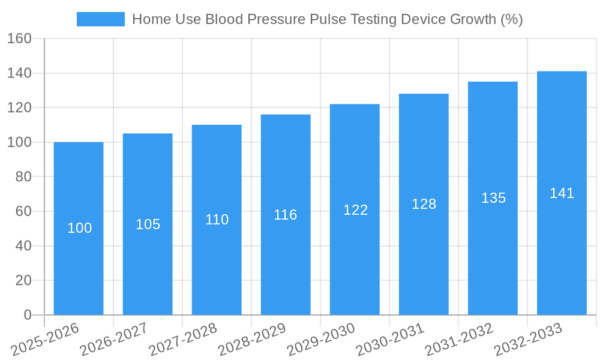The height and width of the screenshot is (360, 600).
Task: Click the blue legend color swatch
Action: click(100, 19)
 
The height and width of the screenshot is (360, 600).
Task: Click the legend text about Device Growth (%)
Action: click(327, 19)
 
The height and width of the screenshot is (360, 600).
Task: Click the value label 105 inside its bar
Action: click(148, 224)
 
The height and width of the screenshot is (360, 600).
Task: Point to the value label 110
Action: click(217, 220)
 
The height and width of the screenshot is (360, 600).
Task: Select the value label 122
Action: click(355, 210)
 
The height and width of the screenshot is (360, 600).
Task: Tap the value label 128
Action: click(424, 204)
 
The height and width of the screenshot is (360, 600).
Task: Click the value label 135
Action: click(493, 198)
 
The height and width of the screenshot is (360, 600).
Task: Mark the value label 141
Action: click(562, 193)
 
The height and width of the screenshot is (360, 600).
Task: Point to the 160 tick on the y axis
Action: click(19, 39)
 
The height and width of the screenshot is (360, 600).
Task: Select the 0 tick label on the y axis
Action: click(27, 315)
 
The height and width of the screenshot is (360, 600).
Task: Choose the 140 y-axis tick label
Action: click(19, 73)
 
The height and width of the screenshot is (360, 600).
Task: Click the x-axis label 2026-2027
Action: click(115, 339)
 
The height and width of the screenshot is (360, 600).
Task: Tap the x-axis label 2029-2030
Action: click(322, 339)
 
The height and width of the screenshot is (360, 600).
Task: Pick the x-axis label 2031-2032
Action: click(460, 339)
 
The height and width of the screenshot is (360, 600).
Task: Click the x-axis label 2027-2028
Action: click(184, 339)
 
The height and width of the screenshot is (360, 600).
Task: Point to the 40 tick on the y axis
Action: click(23, 246)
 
